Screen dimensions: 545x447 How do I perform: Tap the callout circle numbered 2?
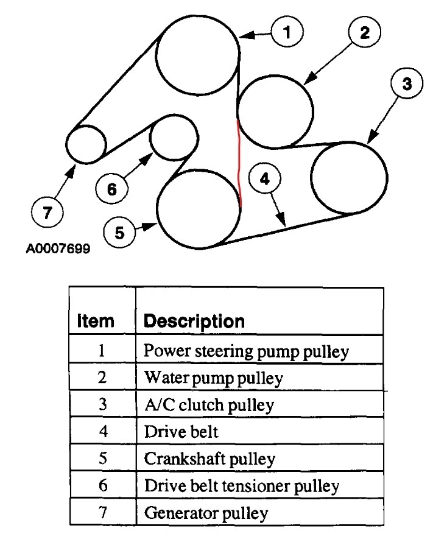(364, 33)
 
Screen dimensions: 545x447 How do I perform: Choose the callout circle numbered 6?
(112, 189)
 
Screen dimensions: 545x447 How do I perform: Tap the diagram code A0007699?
(58, 250)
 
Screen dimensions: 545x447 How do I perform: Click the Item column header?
(96, 320)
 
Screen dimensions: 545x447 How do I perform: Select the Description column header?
(194, 320)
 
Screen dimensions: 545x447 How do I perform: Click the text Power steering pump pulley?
(246, 351)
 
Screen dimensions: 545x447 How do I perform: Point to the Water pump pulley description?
(213, 378)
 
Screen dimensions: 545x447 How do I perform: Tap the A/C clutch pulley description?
(209, 404)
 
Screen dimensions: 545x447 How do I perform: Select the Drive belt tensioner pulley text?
(241, 486)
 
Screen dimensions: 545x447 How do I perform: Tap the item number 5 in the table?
(102, 459)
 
